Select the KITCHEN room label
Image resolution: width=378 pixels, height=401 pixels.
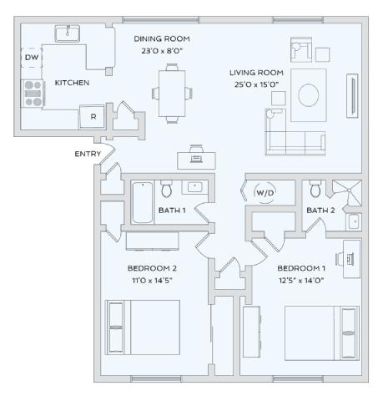point(72,83)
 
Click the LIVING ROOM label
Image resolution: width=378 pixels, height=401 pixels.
point(257,73)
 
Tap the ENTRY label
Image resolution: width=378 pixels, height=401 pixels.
point(88,154)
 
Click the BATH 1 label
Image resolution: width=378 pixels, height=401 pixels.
point(171,210)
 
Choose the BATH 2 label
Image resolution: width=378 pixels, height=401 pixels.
point(320,210)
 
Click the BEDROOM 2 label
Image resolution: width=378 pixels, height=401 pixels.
point(152,268)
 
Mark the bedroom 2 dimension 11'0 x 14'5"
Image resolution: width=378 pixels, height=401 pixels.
point(152,280)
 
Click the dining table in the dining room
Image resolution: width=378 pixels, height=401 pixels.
point(174,92)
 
